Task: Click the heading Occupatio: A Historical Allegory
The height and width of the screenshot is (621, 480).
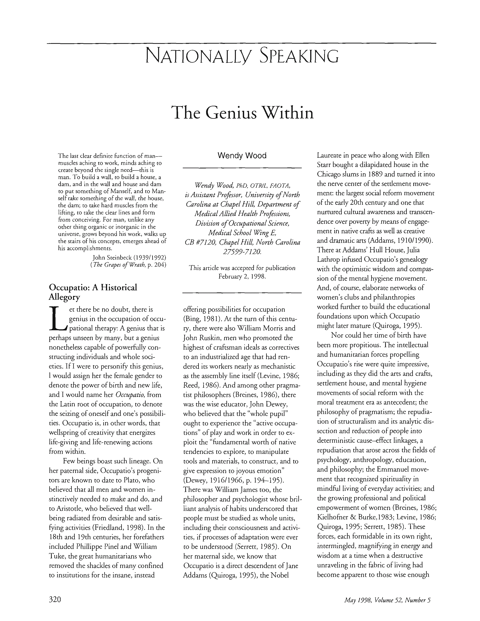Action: tap(93, 292)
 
